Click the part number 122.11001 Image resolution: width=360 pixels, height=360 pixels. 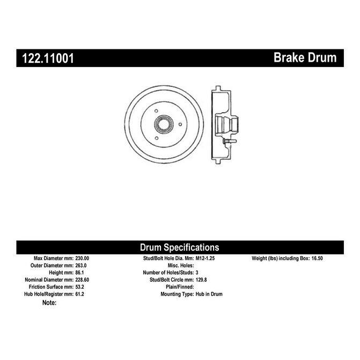[48, 58]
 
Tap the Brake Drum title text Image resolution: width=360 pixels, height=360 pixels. [305, 57]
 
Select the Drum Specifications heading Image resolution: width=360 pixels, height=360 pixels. [180, 247]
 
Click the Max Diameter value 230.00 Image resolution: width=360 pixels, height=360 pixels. [82, 258]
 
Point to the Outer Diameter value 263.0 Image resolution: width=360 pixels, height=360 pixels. [81, 266]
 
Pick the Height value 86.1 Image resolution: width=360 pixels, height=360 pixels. [79, 273]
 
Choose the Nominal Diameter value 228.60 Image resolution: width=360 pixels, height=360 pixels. [82, 280]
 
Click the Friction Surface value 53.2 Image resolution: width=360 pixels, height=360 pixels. [79, 286]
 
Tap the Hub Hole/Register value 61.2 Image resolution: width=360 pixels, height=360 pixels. [79, 294]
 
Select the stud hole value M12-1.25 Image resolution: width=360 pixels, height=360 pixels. [205, 258]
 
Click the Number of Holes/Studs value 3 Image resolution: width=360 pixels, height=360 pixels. [197, 273]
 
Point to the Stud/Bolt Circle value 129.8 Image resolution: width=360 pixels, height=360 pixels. [201, 280]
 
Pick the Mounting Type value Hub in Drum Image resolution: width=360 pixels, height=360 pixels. [209, 294]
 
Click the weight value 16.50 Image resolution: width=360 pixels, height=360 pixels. [317, 258]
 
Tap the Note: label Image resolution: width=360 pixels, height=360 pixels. [49, 303]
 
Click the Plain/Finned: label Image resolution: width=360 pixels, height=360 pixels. [180, 286]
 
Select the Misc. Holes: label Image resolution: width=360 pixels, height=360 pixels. [181, 266]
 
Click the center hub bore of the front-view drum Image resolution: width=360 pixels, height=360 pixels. [164, 124]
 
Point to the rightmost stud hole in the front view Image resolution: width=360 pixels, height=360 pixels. [180, 124]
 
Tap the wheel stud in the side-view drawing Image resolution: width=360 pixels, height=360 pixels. [230, 142]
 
